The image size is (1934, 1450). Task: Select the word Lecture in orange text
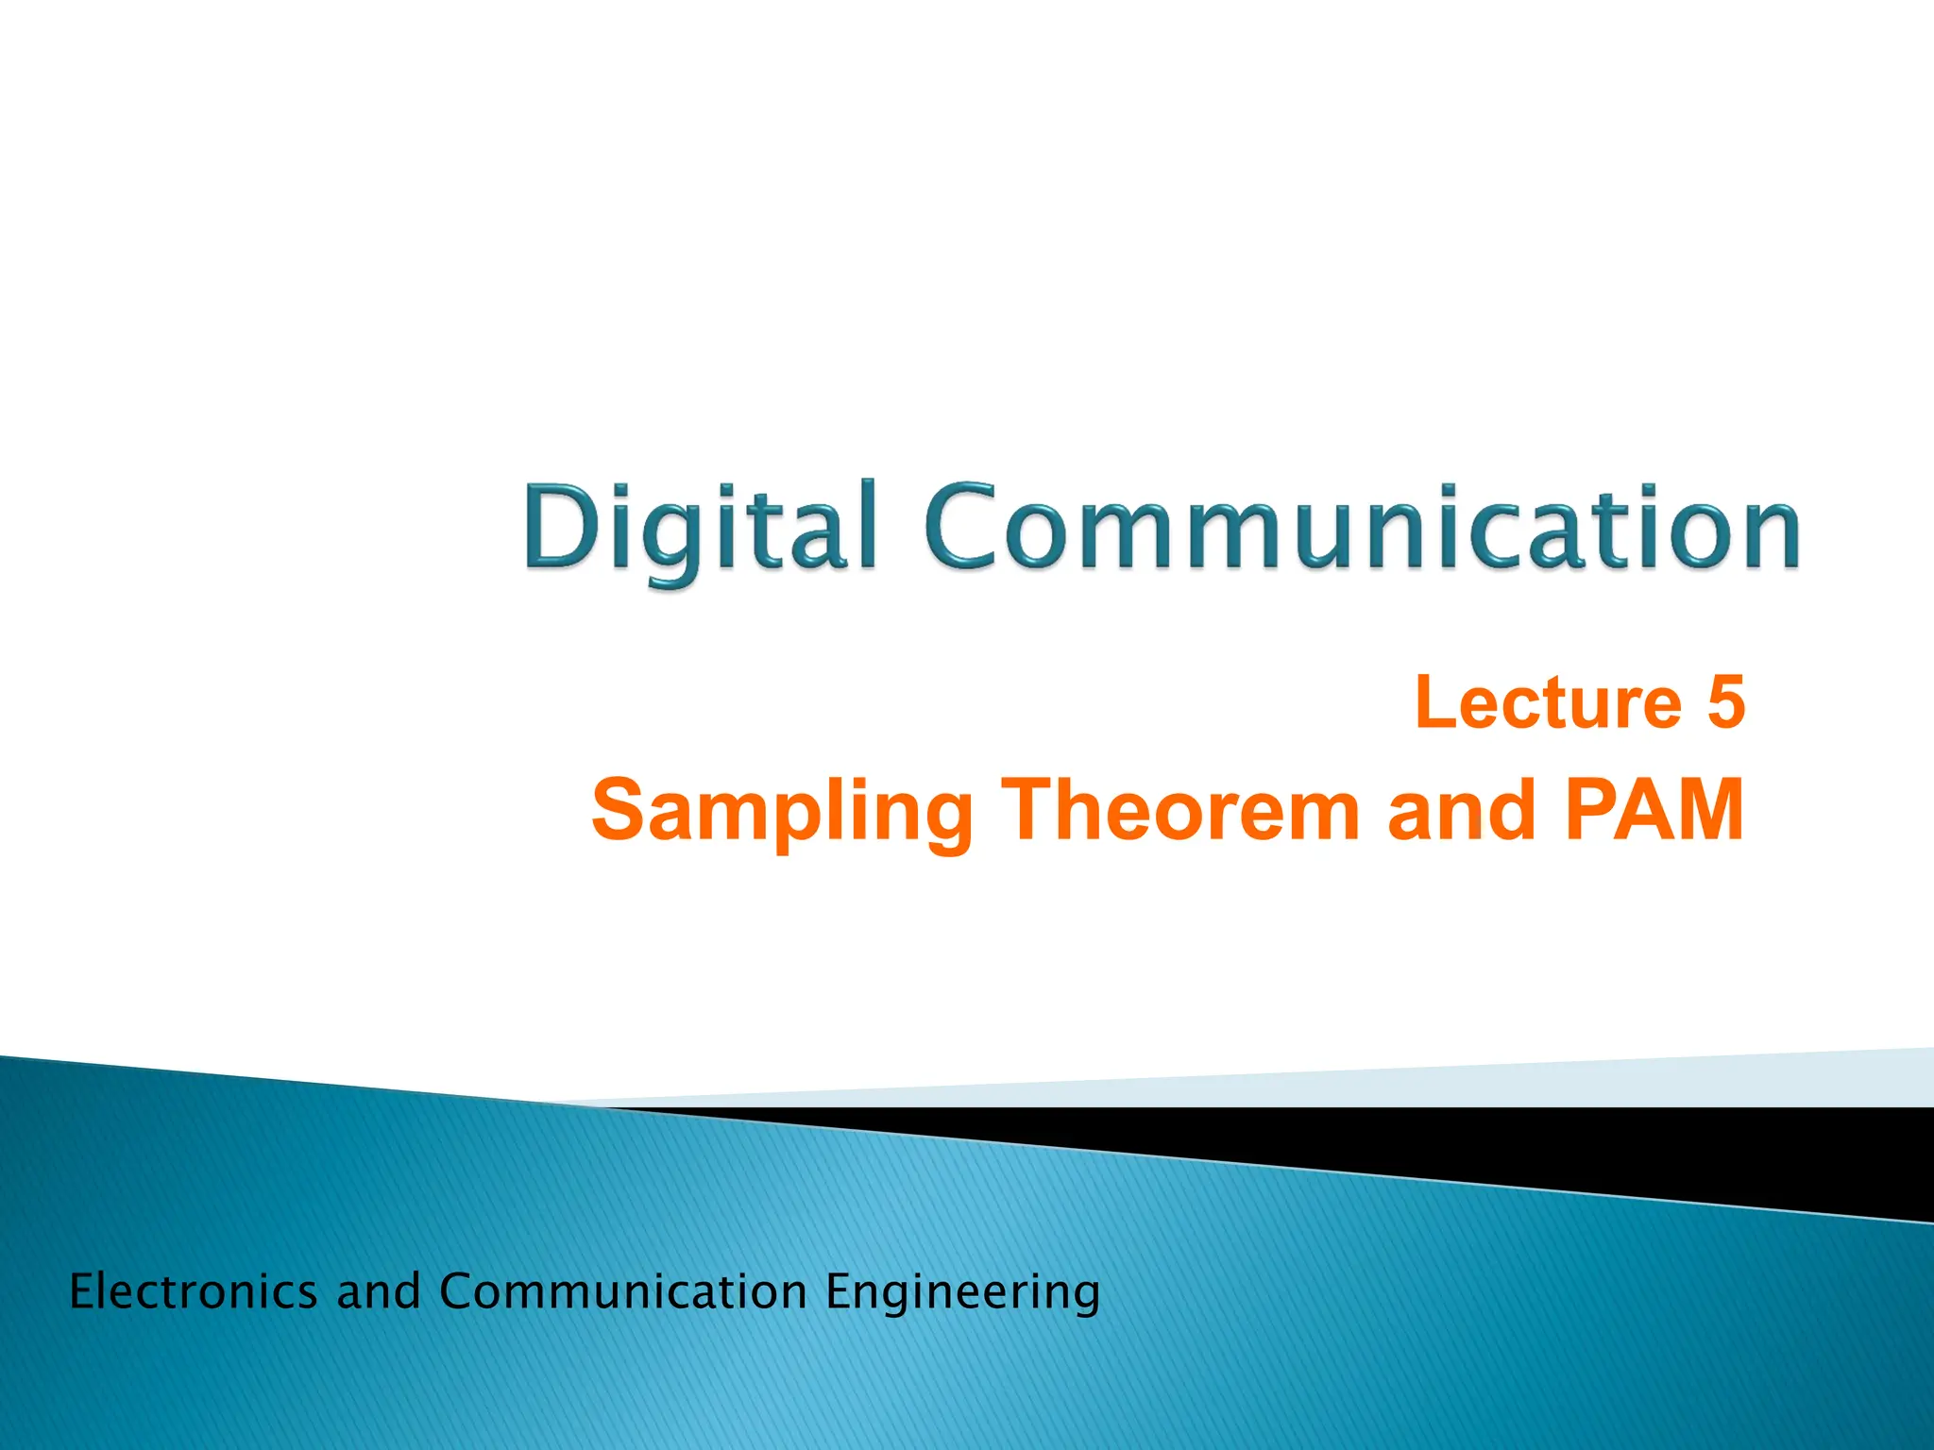[x=1549, y=703]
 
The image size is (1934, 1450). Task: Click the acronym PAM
[x=1653, y=810]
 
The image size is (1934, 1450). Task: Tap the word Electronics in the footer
[x=194, y=1291]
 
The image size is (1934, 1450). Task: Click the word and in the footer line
[x=378, y=1291]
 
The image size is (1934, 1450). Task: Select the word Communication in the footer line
[x=622, y=1291]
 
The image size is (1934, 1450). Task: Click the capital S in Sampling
[x=622, y=810]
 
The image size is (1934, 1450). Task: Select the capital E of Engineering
[x=840, y=1290]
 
